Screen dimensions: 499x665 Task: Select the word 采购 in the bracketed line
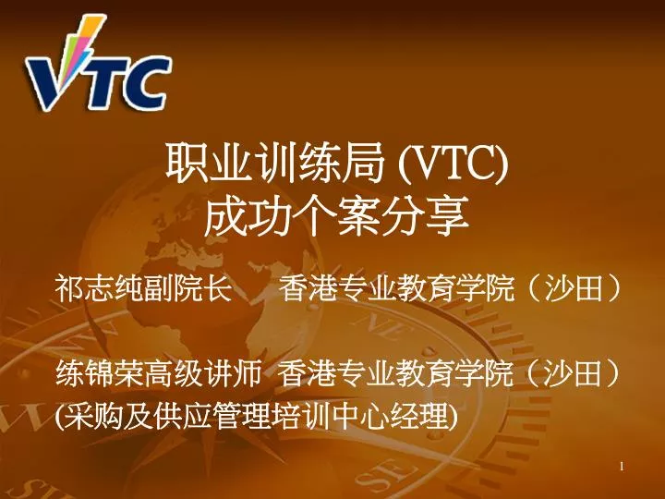(x=87, y=418)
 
